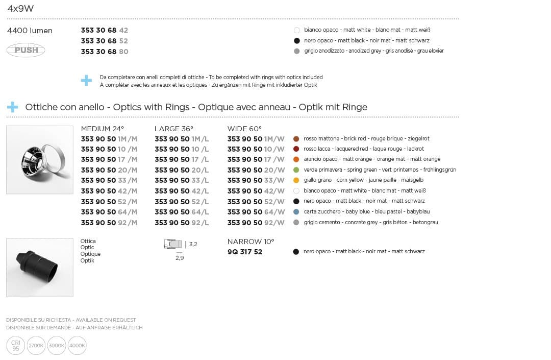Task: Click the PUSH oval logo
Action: click(x=26, y=50)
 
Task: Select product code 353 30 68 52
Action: click(x=105, y=41)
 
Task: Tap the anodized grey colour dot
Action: click(x=297, y=51)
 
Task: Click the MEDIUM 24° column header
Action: click(x=103, y=129)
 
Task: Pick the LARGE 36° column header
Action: click(x=174, y=129)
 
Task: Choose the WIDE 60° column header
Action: click(x=244, y=129)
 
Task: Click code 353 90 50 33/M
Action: click(x=109, y=180)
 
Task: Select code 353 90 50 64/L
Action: click(x=182, y=212)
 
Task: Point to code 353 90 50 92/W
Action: click(x=256, y=223)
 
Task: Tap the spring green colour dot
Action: click(x=296, y=170)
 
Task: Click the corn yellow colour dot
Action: click(x=296, y=180)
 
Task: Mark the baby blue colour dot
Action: click(x=296, y=212)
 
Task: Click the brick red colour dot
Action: click(x=296, y=138)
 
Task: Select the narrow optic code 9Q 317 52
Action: click(x=245, y=252)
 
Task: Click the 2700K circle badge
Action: click(x=36, y=346)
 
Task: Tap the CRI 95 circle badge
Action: click(x=16, y=346)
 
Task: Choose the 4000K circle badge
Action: click(x=77, y=346)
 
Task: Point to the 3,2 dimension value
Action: click(x=193, y=245)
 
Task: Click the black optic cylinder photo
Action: click(x=40, y=267)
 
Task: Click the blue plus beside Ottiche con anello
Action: click(x=12, y=107)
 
